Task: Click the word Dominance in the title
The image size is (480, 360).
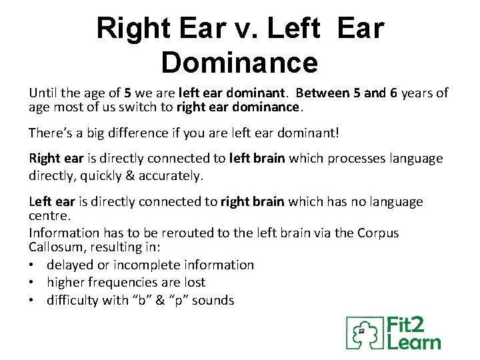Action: [239, 63]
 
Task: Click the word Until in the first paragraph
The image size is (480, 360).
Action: [43, 93]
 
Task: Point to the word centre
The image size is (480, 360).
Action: [51, 216]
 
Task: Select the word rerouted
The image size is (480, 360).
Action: [183, 233]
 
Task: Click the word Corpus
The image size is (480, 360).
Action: [377, 233]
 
